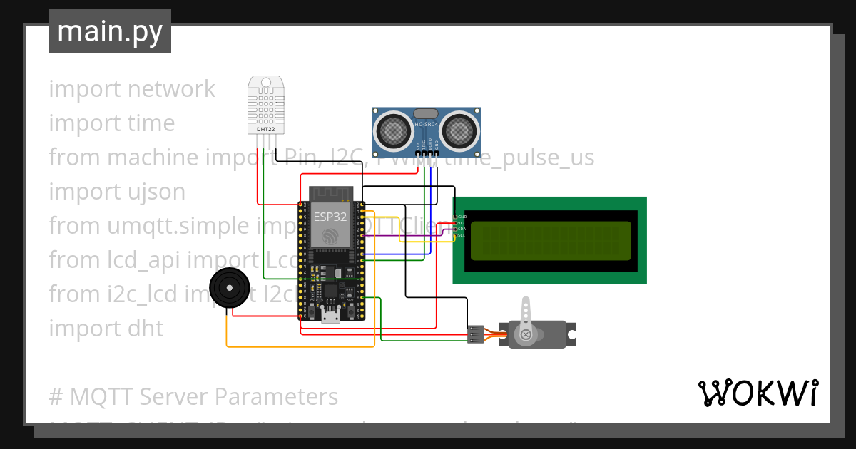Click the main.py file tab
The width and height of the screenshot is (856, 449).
click(109, 31)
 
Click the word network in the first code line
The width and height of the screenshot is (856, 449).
click(171, 89)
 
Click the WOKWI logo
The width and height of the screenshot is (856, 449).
click(758, 393)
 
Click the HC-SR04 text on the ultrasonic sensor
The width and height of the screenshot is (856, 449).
click(427, 125)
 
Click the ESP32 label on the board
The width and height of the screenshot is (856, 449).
click(330, 217)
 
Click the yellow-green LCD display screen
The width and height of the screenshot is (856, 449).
click(551, 241)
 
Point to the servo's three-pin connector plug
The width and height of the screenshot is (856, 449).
click(475, 334)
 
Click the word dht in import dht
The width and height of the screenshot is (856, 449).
click(147, 329)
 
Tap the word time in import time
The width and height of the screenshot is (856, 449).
click(151, 123)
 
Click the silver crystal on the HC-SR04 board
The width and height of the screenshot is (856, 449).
click(426, 113)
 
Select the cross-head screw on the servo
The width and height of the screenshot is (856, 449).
click(526, 334)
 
